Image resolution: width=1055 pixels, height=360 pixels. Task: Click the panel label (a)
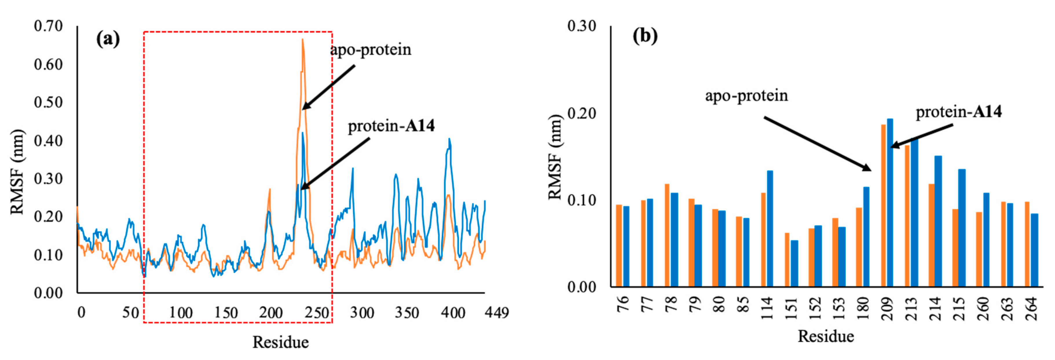tap(108, 39)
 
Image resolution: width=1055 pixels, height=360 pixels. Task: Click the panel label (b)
tap(645, 36)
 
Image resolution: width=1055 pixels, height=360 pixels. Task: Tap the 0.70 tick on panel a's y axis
tap(48, 26)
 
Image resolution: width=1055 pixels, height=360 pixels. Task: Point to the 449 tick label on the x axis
tap(496, 313)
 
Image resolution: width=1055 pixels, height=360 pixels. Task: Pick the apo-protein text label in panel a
tap(370, 49)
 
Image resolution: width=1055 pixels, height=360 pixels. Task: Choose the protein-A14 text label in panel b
tap(958, 112)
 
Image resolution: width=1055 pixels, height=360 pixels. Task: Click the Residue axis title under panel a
tap(280, 342)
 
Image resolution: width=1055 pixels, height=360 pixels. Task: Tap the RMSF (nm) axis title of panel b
tap(555, 157)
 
